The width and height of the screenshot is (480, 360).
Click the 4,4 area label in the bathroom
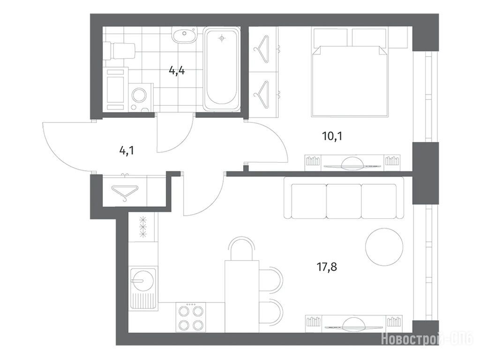(x=177, y=71)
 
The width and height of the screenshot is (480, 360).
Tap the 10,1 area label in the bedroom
(x=332, y=136)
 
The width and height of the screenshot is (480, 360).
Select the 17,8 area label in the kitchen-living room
(x=327, y=267)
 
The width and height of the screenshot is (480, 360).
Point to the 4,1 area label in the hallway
(x=127, y=150)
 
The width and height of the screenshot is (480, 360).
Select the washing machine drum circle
(x=140, y=96)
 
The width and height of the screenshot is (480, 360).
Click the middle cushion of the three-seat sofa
(x=344, y=201)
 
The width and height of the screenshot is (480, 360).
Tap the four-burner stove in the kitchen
(x=191, y=317)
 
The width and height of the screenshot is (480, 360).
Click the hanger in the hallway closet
(x=125, y=192)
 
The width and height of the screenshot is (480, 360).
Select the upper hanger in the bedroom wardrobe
(x=263, y=49)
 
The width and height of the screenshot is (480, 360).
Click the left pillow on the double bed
(x=330, y=37)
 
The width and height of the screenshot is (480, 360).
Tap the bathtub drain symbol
(x=222, y=38)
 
